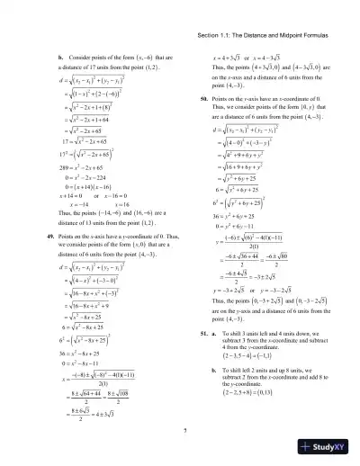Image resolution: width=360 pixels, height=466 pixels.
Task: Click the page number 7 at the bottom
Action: pyautogui.click(x=184, y=435)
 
